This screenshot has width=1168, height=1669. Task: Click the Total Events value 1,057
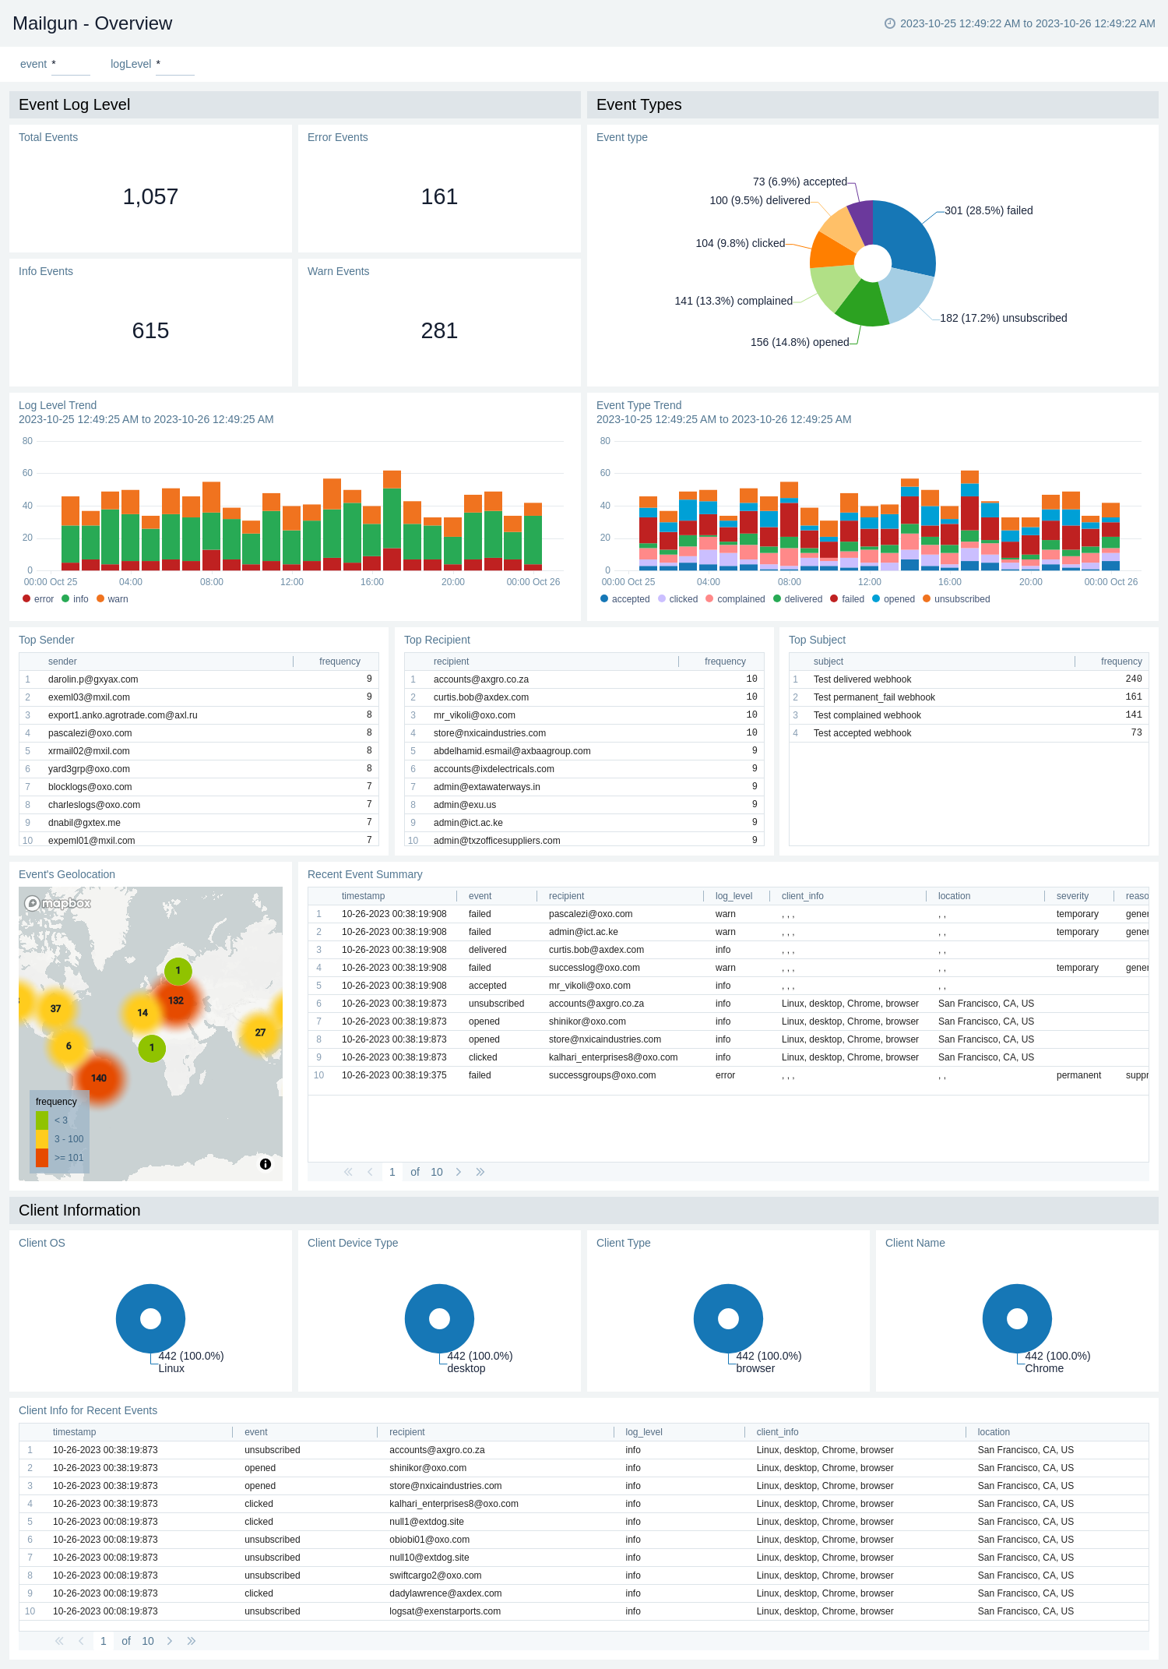(150, 197)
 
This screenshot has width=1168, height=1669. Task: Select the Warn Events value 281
(439, 331)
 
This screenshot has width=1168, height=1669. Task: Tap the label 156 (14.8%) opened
(800, 342)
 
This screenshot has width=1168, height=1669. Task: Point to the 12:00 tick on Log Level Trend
(292, 582)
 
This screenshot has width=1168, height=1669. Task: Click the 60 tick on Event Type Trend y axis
(605, 473)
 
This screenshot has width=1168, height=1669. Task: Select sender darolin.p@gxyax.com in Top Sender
(93, 679)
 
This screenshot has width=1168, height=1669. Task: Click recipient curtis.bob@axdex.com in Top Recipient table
(481, 697)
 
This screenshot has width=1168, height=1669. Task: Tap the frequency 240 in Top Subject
(1133, 679)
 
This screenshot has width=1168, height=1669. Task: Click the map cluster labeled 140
(99, 1078)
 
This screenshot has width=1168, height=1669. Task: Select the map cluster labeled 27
(260, 1032)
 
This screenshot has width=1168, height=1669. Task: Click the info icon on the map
(266, 1164)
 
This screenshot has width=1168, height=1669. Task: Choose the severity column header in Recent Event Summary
(1072, 896)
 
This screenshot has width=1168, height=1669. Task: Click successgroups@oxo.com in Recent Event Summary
(602, 1075)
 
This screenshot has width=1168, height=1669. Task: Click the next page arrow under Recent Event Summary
(459, 1172)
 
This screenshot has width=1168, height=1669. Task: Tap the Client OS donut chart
(150, 1318)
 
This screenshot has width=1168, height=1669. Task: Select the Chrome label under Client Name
(1044, 1368)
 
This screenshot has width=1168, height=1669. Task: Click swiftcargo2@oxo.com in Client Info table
(435, 1575)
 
